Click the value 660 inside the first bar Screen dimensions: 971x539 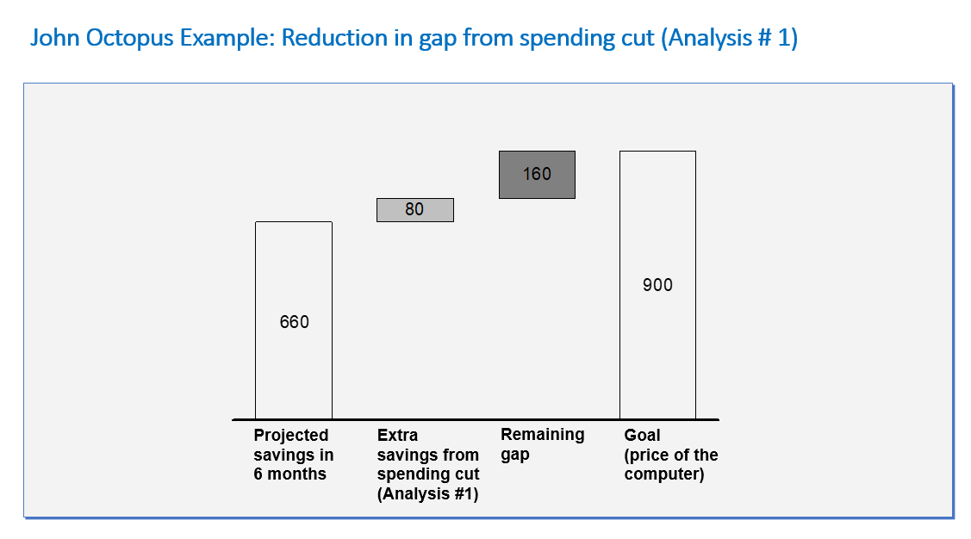pos(294,322)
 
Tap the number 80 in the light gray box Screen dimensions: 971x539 pos(414,209)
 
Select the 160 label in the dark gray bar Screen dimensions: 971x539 pos(537,174)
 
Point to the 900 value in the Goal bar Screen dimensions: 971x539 pos(657,285)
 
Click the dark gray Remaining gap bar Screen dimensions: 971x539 pos(537,175)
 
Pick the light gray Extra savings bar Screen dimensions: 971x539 pos(415,210)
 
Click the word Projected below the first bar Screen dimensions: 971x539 pos(291,435)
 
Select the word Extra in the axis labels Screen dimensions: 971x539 pos(397,435)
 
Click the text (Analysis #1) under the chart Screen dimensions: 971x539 pos(428,494)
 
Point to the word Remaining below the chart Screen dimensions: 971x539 pos(543,435)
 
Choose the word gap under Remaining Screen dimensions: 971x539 pos(515,455)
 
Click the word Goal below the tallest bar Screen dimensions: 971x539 pos(642,435)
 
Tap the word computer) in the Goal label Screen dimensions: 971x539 pos(664,474)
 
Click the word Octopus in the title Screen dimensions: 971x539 pos(129,39)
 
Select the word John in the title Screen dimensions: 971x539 pos(54,38)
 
